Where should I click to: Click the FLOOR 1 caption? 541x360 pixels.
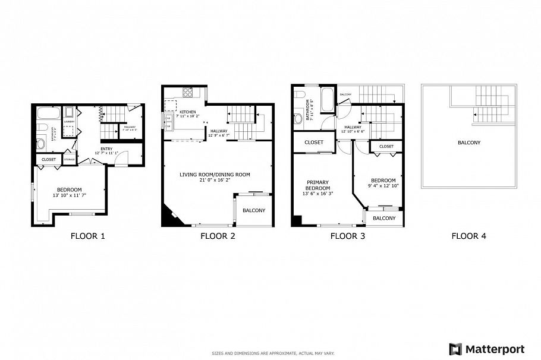click(x=87, y=236)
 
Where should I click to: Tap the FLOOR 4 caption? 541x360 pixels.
click(x=468, y=236)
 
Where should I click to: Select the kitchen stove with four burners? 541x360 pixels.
click(x=188, y=92)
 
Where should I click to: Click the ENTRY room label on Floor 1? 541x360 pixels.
click(x=106, y=149)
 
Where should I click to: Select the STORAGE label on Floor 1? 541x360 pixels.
click(x=70, y=159)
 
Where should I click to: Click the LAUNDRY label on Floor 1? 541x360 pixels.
click(x=70, y=122)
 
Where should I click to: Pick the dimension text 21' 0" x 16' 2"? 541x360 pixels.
click(x=215, y=181)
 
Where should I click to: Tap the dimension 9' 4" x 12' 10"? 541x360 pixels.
click(x=383, y=186)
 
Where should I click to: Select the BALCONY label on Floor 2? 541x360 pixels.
click(x=254, y=211)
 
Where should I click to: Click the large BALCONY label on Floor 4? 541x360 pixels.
click(x=468, y=143)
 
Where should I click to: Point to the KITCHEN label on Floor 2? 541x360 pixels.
click(x=188, y=112)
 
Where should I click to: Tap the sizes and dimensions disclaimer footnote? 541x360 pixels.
click(x=270, y=353)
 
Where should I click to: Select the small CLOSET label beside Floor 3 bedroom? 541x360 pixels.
click(x=386, y=146)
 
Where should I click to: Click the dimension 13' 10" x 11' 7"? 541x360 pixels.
click(x=70, y=195)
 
